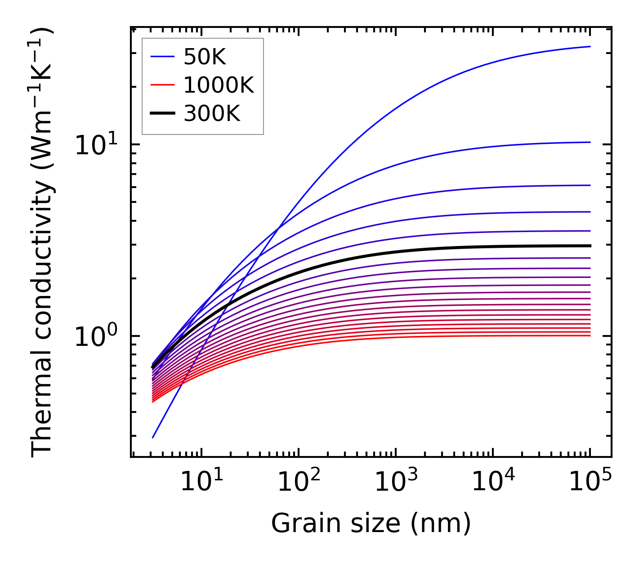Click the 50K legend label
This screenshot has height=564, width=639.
[x=205, y=57]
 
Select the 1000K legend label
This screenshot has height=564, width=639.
[x=219, y=85]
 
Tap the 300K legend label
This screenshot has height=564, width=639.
[x=212, y=114]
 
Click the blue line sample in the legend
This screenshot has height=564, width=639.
[x=162, y=57]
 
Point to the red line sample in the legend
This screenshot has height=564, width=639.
[x=162, y=85]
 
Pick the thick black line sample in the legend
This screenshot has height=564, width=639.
[x=162, y=114]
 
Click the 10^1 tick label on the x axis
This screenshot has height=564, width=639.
[x=201, y=483]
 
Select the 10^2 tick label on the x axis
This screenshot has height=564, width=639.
[x=298, y=483]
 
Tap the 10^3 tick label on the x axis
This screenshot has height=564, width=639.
[x=396, y=483]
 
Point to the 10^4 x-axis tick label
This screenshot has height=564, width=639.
[x=493, y=483]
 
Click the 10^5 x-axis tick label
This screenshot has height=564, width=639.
[x=590, y=483]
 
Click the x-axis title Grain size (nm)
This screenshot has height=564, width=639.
[x=371, y=524]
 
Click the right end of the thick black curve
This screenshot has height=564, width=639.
[x=590, y=246]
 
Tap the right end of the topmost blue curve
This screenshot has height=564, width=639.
[x=590, y=46]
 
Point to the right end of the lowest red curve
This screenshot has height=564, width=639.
[x=590, y=335]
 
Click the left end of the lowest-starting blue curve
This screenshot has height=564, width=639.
[x=153, y=437]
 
